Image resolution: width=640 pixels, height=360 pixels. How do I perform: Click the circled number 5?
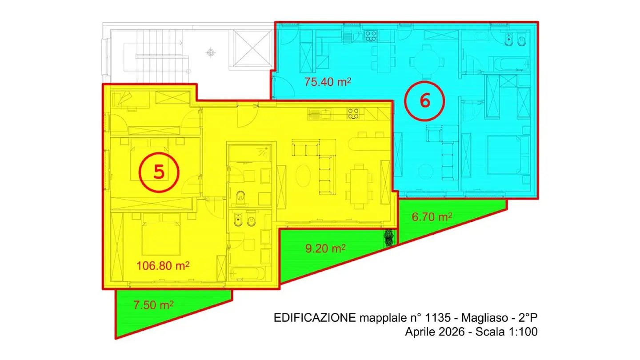point(159,172)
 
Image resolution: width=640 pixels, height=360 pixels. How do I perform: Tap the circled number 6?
point(424,101)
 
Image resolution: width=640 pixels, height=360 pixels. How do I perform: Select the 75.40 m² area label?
point(328,82)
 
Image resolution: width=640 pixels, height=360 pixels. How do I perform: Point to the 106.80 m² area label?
point(163,266)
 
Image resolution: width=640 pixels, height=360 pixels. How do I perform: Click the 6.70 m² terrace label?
point(432,217)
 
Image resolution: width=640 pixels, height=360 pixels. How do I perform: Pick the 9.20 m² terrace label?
point(325,248)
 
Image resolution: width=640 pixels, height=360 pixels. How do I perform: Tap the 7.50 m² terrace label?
point(153,305)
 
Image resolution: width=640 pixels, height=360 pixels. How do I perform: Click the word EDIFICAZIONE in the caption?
point(315,317)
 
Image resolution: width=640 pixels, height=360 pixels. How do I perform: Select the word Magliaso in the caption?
point(480,318)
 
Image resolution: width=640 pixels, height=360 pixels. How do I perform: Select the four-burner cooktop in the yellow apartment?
point(353,113)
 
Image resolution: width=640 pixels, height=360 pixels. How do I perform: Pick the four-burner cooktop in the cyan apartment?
point(371,36)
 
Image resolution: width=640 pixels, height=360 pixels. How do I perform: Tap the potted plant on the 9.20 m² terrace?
point(389,238)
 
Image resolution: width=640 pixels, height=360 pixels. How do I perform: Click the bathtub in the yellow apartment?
point(248,274)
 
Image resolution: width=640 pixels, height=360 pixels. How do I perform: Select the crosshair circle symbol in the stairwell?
point(211,52)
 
